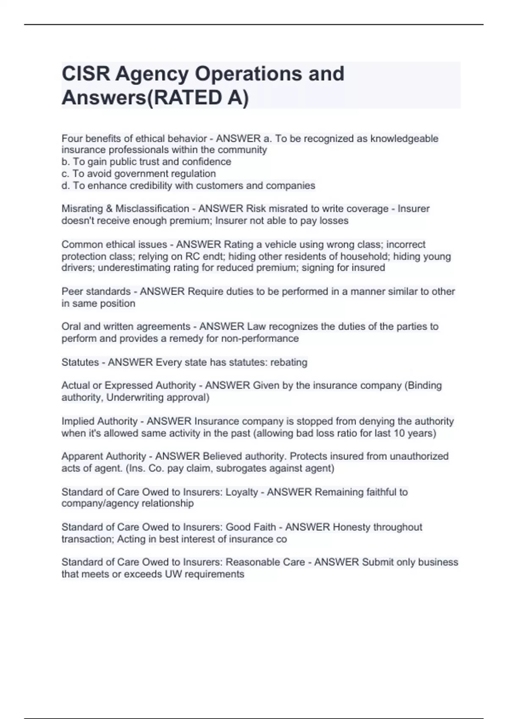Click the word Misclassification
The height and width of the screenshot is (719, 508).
(152, 209)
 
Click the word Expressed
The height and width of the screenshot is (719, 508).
(128, 385)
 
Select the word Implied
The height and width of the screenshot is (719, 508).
(78, 421)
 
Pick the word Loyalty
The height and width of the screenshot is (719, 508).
(242, 492)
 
